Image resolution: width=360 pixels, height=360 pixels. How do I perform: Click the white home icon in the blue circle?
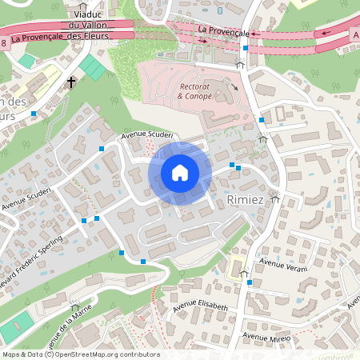pyautogui.click(x=180, y=172)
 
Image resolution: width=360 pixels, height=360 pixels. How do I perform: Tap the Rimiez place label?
pyautogui.click(x=245, y=198)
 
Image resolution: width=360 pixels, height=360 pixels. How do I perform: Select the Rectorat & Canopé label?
pyautogui.click(x=195, y=90)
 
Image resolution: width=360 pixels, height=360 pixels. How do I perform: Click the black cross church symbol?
pyautogui.click(x=71, y=82)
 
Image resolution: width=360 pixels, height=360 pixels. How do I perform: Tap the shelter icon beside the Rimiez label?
pyautogui.click(x=275, y=198)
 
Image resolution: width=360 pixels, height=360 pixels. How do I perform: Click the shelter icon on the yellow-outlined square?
pyautogui.click(x=244, y=274)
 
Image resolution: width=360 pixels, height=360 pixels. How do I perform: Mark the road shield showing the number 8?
pyautogui.click(x=4, y=42)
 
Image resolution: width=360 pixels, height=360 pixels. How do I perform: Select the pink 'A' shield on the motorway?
pyautogui.click(x=354, y=34)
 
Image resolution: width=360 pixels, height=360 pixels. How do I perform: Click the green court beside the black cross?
pyautogui.click(x=94, y=70)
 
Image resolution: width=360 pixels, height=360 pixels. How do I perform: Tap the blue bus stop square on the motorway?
pyautogui.click(x=245, y=48)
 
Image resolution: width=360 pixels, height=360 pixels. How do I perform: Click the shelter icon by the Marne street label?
pyautogui.click(x=75, y=306)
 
